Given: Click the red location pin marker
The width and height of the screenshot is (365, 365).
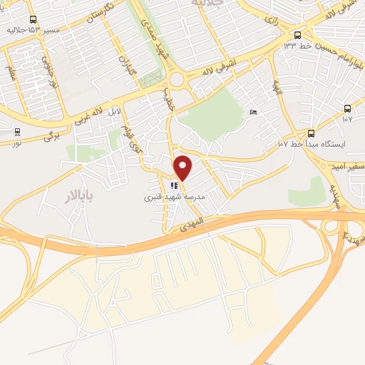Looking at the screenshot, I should (x=183, y=168).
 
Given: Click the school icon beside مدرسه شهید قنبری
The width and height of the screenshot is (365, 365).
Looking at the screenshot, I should (x=174, y=187).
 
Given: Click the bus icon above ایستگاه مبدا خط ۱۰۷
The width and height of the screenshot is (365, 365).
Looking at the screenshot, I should (x=312, y=133).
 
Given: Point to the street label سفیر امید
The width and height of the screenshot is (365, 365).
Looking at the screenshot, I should (x=347, y=165).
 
